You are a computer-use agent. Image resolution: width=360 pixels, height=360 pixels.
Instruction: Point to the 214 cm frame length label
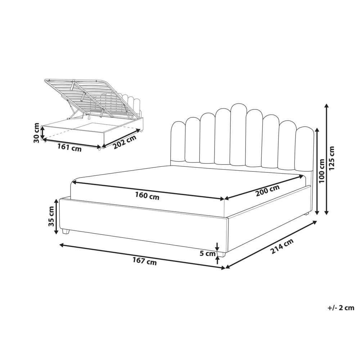click(282, 247)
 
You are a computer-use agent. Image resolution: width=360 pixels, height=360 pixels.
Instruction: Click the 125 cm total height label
click(332, 158)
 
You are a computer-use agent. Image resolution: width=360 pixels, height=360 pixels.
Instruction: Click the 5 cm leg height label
click(207, 253)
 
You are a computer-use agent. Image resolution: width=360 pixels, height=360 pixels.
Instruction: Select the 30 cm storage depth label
click(36, 132)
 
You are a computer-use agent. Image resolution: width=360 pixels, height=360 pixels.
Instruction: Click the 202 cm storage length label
click(125, 142)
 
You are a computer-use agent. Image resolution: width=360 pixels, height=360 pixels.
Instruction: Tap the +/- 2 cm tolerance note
click(341, 308)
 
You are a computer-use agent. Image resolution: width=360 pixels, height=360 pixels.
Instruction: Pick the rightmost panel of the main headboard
click(304, 148)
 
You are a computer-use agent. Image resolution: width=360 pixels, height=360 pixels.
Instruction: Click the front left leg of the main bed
click(66, 231)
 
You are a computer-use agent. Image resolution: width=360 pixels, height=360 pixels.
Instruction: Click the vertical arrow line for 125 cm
click(327, 158)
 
